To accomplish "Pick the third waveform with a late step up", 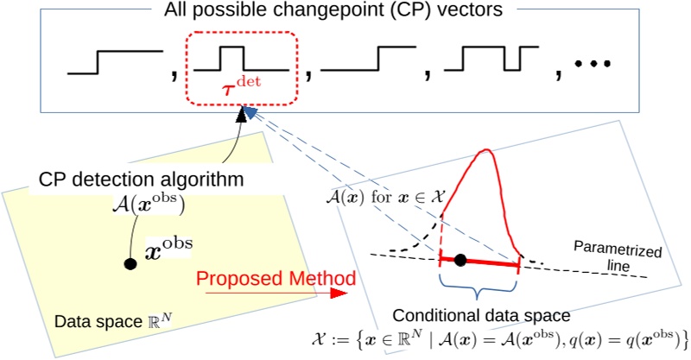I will [371, 60].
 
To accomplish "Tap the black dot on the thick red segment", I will [461, 259].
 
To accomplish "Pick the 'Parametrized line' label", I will [618, 256].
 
